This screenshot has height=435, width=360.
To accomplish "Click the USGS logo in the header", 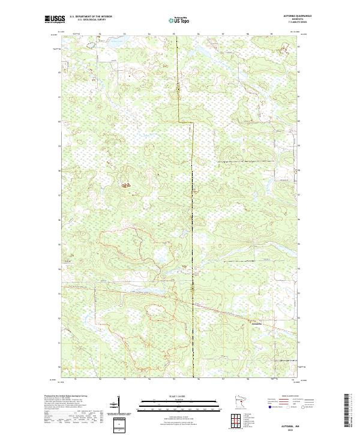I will (54, 20).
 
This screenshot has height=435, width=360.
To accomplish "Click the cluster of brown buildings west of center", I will (126, 185).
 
